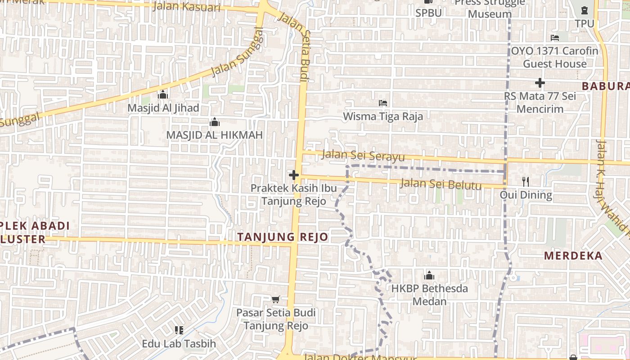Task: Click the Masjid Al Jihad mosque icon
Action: (x=163, y=94)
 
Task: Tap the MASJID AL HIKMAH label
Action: (x=214, y=135)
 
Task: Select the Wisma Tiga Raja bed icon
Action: (x=383, y=103)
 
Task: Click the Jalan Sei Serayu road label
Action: (x=364, y=156)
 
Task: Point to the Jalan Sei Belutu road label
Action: (x=441, y=184)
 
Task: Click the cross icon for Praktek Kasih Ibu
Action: (x=294, y=175)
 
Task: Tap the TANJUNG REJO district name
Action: (x=283, y=237)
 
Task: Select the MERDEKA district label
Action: (x=573, y=256)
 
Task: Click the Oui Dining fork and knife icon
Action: (x=526, y=181)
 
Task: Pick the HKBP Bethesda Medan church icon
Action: (x=429, y=275)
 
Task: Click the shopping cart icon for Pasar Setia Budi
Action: (x=276, y=299)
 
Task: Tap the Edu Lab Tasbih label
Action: (x=179, y=344)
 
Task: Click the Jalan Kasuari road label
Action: (x=186, y=7)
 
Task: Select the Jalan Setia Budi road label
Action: (x=295, y=47)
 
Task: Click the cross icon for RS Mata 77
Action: (x=540, y=83)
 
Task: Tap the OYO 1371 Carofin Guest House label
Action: (x=554, y=57)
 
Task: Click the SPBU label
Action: (x=428, y=13)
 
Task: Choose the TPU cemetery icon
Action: (x=584, y=10)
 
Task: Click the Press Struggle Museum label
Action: (x=490, y=8)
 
